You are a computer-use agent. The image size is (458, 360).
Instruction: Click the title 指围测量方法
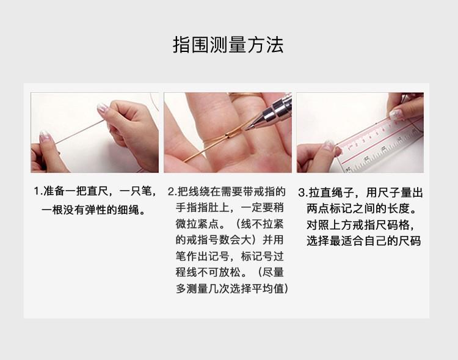pos(228,45)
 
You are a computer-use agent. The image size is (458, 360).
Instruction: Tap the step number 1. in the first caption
pos(38,191)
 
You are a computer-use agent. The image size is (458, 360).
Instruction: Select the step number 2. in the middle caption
pos(172,192)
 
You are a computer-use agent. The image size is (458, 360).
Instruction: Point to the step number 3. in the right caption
pos(303,193)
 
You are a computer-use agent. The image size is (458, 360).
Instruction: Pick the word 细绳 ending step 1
pos(128,210)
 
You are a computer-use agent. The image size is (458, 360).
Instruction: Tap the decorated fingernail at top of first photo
pos(103,108)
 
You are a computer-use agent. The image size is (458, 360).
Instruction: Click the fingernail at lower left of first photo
pos(45,136)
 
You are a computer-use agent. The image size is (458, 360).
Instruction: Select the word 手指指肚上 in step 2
pos(202,208)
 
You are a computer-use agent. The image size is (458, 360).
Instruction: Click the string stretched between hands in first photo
pos(79,132)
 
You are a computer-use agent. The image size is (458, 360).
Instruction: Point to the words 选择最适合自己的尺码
pos(364,241)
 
